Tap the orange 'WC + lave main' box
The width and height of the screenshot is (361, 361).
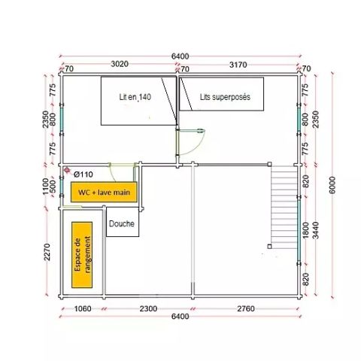coord(105,193)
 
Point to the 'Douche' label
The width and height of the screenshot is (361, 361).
coord(122,223)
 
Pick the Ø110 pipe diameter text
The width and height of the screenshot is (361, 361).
coord(83,174)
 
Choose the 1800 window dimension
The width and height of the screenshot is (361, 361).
coord(305,228)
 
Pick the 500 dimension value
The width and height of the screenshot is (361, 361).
coord(53,184)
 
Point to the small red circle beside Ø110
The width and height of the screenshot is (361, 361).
coord(68,171)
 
